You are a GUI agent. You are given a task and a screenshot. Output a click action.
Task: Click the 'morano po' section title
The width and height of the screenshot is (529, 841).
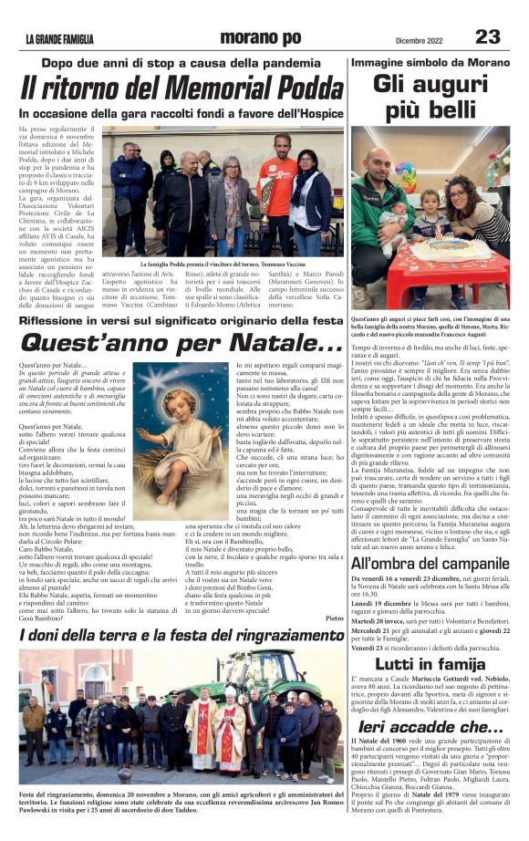259,37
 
